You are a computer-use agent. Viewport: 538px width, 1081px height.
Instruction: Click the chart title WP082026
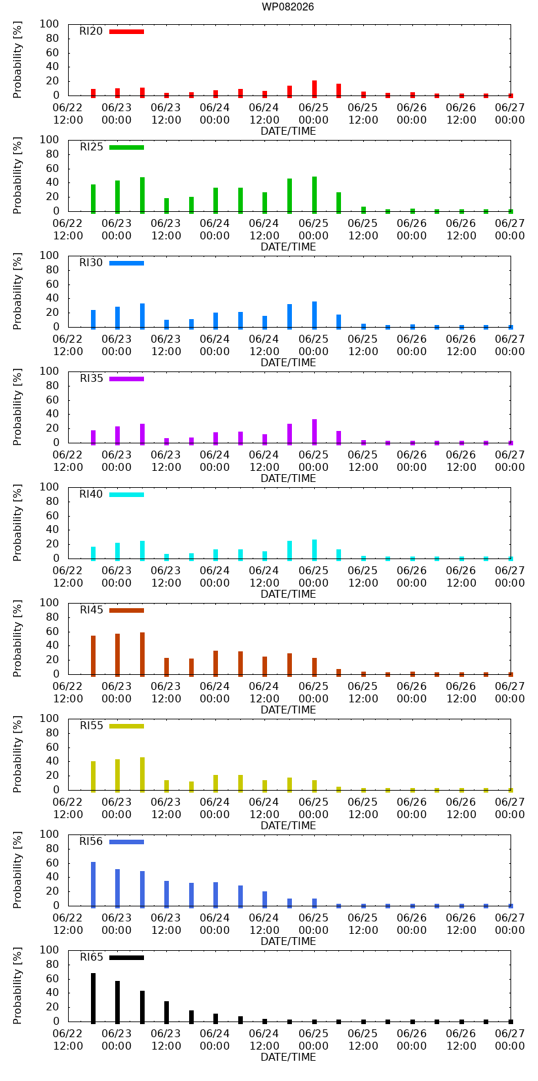coord(288,7)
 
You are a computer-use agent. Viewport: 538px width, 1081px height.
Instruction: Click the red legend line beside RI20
coord(126,32)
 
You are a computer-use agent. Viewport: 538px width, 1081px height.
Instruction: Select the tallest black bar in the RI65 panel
coord(93,998)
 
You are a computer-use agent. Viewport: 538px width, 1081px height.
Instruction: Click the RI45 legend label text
coord(91,610)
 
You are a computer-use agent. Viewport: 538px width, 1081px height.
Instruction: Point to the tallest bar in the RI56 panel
coord(93,885)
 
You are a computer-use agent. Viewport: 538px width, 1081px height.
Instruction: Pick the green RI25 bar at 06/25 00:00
coord(314,195)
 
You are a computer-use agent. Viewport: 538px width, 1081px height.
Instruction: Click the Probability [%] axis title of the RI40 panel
coord(18,523)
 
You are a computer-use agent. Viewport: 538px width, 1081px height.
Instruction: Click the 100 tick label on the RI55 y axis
coord(49,718)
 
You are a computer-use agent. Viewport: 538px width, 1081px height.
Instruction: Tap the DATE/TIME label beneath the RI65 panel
coord(289,1057)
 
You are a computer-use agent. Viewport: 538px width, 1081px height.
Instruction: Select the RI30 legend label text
coord(91,262)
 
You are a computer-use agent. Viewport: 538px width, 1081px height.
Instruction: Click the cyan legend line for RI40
coord(126,494)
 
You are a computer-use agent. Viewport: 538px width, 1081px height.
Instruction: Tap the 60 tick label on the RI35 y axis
coord(52,400)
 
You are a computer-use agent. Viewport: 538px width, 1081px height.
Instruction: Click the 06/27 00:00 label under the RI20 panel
coord(509,114)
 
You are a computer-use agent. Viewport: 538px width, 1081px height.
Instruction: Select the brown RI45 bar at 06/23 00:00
coord(117,655)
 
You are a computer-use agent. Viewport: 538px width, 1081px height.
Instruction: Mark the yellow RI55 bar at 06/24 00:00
coord(215,783)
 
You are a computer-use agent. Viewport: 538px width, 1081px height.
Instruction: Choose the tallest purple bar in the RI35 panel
coord(314,432)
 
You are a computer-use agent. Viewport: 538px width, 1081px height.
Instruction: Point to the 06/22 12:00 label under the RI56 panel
coord(67,923)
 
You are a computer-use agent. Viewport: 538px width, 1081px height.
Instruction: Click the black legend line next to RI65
coord(126,957)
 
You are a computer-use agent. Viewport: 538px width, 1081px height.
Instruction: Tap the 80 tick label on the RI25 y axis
coord(52,154)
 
